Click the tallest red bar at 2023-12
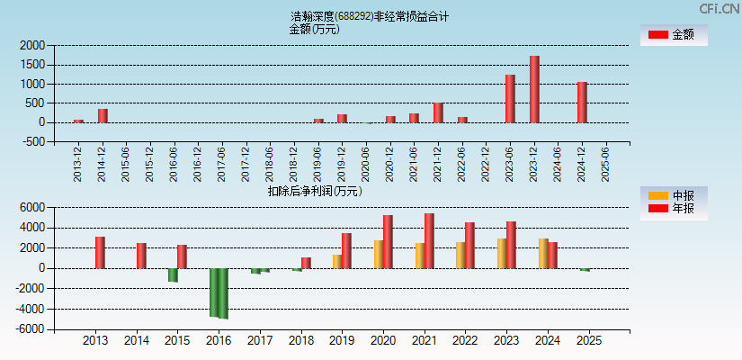tap(534, 89)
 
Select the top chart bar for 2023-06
tap(510, 98)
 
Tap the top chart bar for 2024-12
tap(582, 102)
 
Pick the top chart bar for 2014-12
tap(103, 115)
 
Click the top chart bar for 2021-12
tap(438, 112)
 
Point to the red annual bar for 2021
tap(429, 240)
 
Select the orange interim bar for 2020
tap(379, 254)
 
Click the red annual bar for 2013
tap(100, 252)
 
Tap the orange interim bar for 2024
tap(543, 253)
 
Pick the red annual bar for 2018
tap(306, 263)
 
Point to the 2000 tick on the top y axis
tap(32, 45)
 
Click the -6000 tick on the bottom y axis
tap(31, 329)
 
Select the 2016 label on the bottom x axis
tap(219, 341)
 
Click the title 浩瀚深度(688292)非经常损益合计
tap(370, 16)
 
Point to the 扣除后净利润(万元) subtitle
tap(315, 191)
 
